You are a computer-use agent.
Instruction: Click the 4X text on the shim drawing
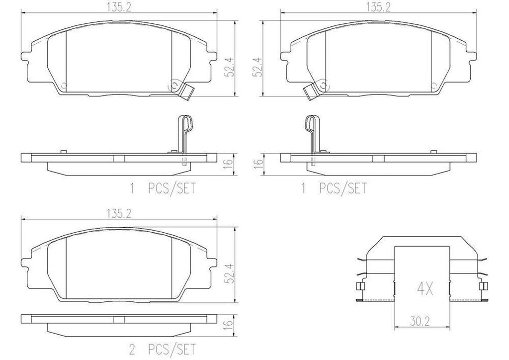423,288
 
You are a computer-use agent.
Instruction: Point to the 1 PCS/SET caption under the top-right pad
333,188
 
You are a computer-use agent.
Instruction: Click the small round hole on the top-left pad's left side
64,85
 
